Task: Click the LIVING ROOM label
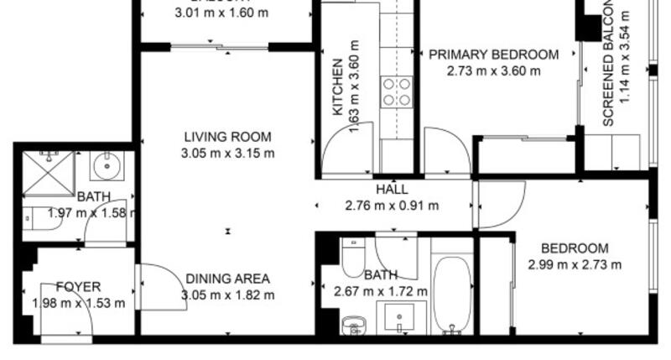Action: point(227,137)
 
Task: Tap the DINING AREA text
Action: point(227,279)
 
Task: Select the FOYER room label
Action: point(78,287)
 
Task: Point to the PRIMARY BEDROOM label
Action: point(493,55)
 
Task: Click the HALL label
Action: point(392,189)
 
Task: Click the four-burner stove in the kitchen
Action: point(396,91)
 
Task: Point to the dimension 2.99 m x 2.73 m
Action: point(575,265)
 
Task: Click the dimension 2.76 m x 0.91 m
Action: point(392,204)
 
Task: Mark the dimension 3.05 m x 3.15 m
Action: point(227,153)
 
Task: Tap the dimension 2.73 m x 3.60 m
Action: point(493,70)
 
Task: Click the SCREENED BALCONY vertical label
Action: point(609,67)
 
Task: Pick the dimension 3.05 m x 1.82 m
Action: point(227,295)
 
